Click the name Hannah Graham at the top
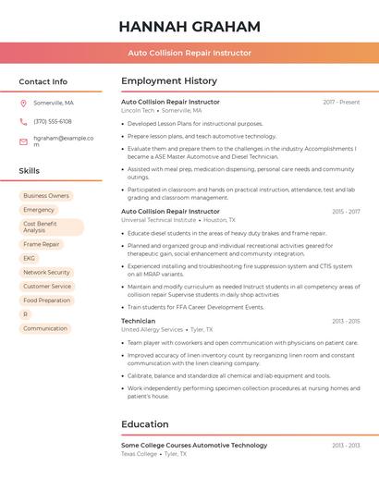189,27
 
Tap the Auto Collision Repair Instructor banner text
189,53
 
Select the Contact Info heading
43,81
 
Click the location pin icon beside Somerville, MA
23,103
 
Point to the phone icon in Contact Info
23,121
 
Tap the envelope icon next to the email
23,141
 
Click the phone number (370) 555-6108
53,121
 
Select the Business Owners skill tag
46,196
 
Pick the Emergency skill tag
39,210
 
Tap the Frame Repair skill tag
42,245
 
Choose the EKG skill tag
30,259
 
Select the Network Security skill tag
46,273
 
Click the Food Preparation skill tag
46,300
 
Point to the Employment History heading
169,81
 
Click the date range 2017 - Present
341,102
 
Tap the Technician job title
139,321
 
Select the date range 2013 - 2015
346,321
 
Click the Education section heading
145,424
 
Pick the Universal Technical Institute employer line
159,220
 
